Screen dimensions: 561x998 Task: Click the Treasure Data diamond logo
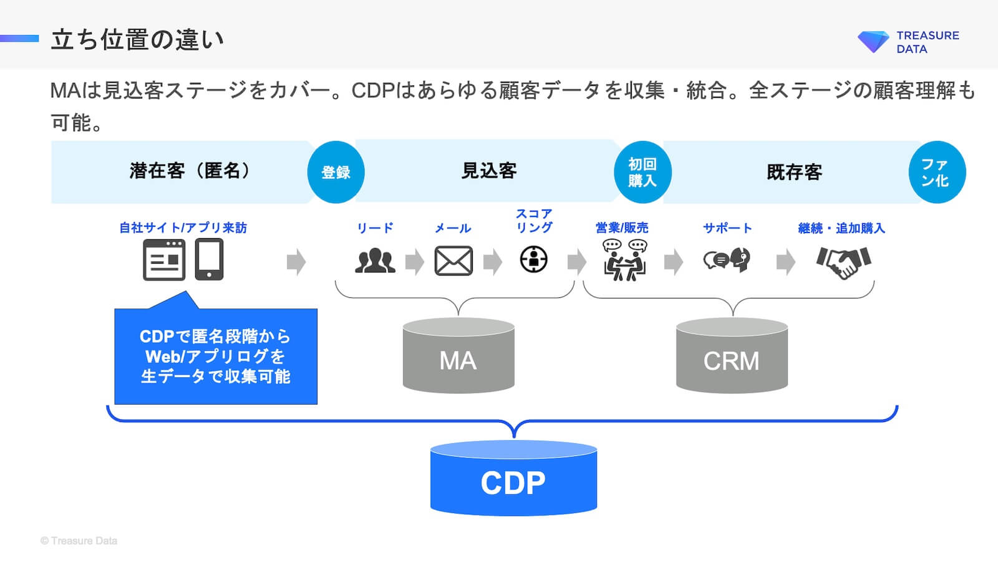[873, 41]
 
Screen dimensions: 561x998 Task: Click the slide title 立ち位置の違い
[137, 39]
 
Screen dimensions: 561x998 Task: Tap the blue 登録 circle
[336, 172]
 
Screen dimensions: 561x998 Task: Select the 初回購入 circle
[642, 172]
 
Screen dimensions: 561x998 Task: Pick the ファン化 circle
[937, 172]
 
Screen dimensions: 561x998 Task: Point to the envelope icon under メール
[453, 261]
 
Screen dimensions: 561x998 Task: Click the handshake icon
[843, 261]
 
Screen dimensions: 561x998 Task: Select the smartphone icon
[209, 259]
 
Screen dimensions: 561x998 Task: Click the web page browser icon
[164, 259]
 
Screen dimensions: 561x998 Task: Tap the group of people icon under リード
[375, 260]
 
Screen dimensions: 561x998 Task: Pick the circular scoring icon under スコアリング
[534, 259]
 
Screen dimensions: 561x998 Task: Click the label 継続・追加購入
[841, 228]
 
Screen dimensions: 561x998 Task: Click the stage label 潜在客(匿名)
[190, 171]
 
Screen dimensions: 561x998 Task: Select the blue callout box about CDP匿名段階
[216, 357]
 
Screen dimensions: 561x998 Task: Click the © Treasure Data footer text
[79, 541]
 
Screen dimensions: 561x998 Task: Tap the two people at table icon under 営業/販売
[624, 260]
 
